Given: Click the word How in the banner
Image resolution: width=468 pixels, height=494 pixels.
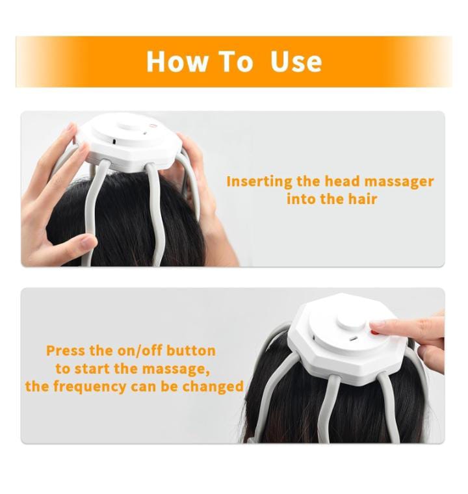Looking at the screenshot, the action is pyautogui.click(x=177, y=61).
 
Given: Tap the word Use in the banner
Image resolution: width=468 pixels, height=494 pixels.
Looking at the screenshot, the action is pyautogui.click(x=296, y=61).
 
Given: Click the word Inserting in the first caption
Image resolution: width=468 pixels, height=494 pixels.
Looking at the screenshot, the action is pyautogui.click(x=259, y=182).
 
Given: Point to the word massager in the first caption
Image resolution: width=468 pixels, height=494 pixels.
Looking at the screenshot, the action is pyautogui.click(x=398, y=183).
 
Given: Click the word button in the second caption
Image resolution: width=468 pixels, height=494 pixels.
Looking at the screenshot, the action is pyautogui.click(x=190, y=350).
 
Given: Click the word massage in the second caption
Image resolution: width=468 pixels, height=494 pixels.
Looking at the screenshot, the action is pyautogui.click(x=175, y=369).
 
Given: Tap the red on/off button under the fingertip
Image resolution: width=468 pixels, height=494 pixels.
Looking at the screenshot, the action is pyautogui.click(x=374, y=332).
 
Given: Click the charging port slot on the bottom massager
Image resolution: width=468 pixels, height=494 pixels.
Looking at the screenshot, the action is pyautogui.click(x=352, y=339).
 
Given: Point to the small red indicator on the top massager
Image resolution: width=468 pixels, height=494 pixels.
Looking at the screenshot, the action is pyautogui.click(x=153, y=125).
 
